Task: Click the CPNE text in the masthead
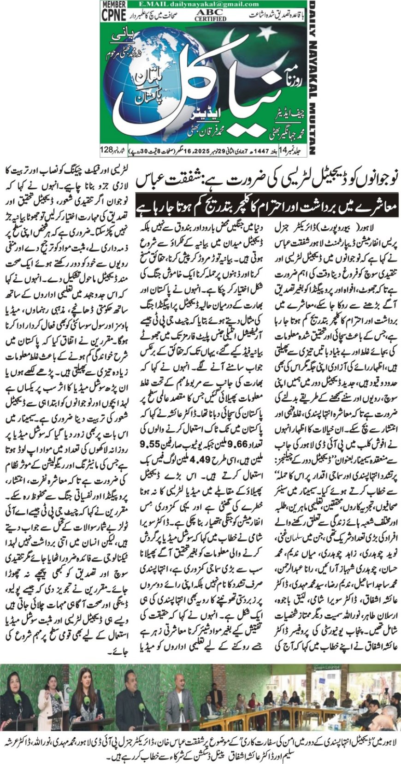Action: (113, 15)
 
